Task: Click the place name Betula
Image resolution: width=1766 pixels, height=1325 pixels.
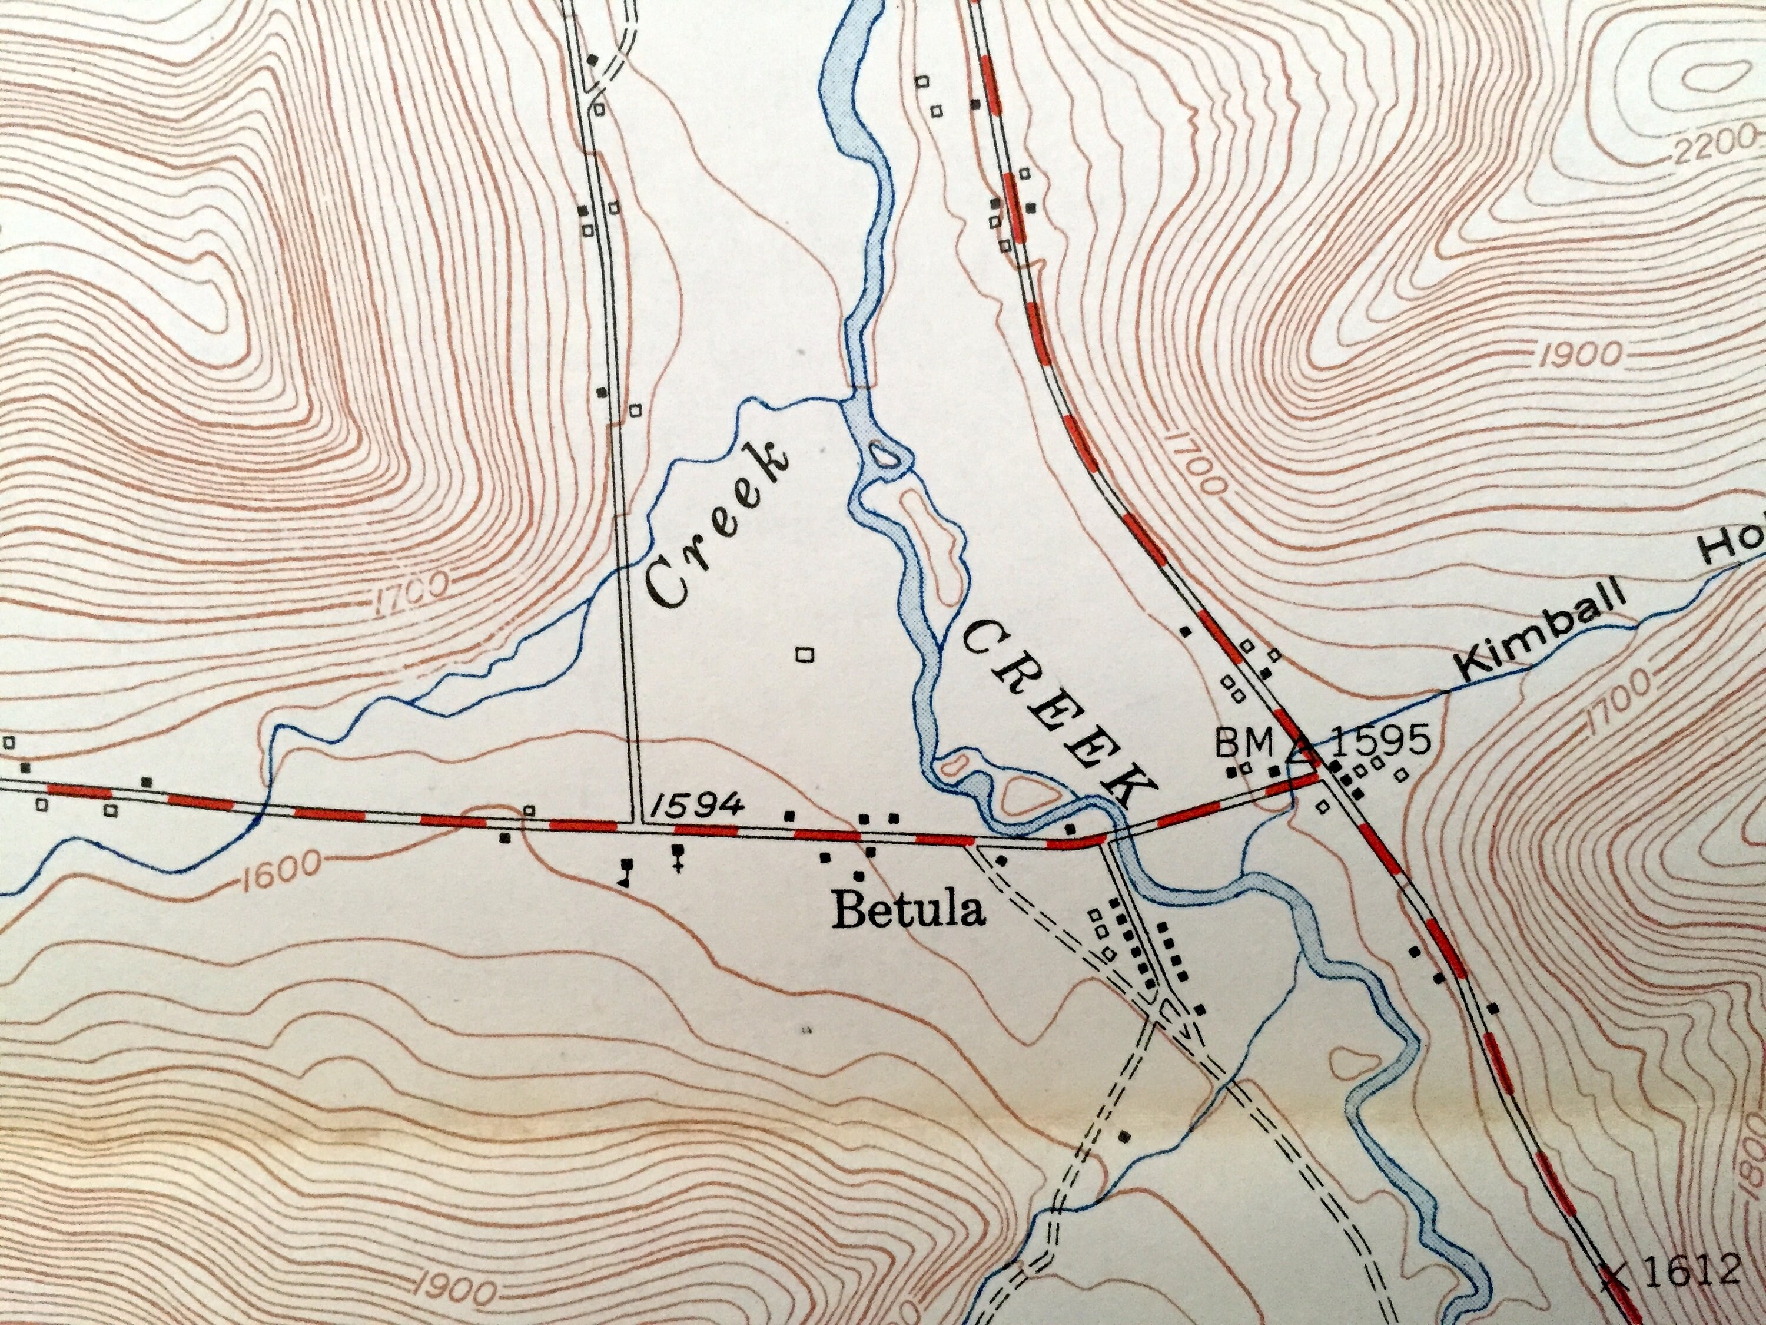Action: (908, 911)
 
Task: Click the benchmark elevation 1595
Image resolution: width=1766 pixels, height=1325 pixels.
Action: (1380, 742)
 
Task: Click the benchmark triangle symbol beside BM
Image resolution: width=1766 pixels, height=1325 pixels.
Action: (1302, 747)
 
